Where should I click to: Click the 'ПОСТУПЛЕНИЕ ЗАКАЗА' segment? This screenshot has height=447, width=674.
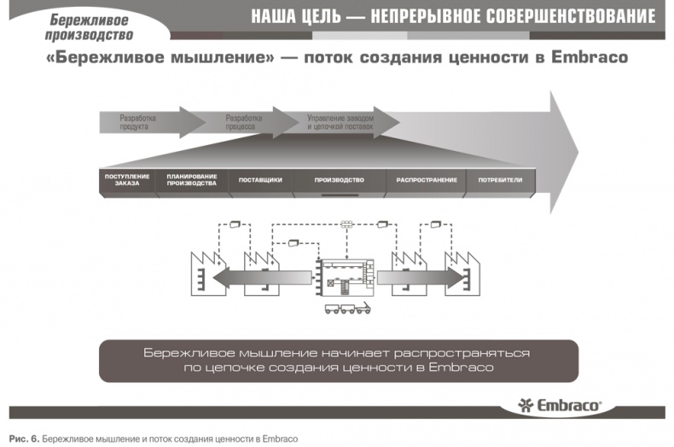coord(127,180)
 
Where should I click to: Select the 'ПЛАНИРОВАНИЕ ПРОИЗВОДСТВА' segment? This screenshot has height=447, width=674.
coord(191,180)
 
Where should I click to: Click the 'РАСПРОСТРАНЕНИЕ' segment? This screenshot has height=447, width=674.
coord(427,180)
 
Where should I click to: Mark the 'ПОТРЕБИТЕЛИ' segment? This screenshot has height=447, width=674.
coord(500,180)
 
